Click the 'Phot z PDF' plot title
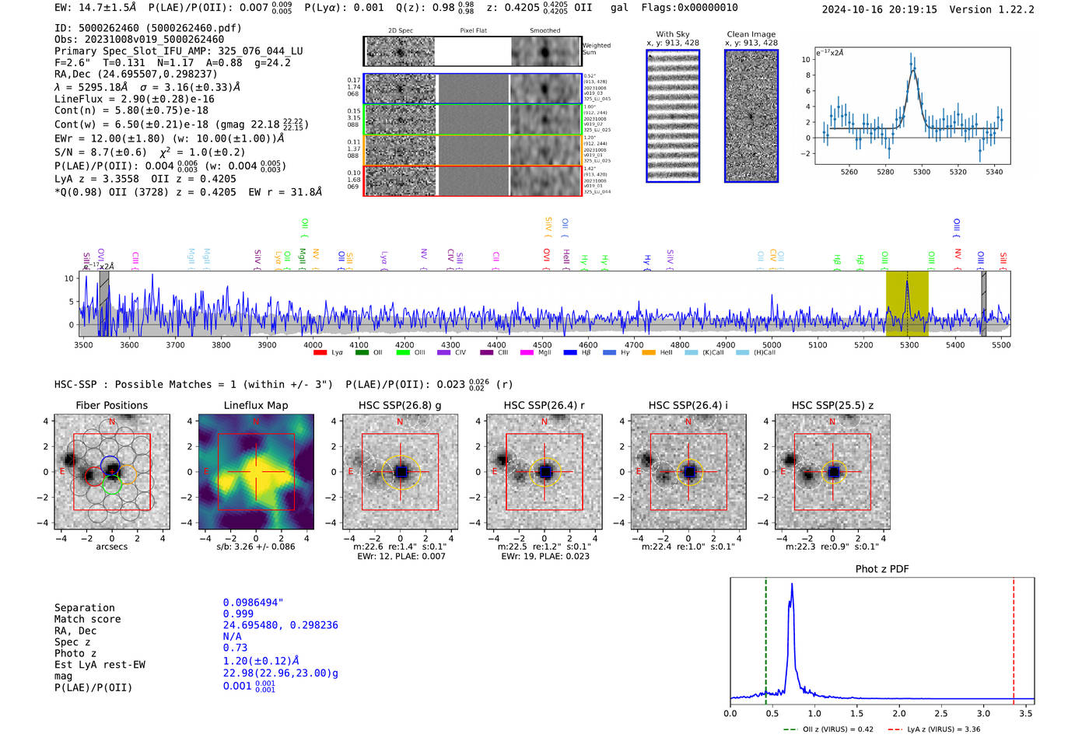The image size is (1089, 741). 881,569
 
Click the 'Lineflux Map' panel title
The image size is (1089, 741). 255,405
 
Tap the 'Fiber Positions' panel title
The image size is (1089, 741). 111,405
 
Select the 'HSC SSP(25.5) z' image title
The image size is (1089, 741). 832,405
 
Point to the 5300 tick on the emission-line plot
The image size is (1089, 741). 922,172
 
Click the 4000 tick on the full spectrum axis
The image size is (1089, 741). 313,344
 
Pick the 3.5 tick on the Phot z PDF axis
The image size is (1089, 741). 1026,713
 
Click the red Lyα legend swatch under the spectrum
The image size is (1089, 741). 320,353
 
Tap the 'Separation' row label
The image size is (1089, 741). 84,608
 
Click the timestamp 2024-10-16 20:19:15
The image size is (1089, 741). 879,9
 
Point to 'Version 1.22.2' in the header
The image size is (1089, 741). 1003,9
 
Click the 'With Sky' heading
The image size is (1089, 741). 673,34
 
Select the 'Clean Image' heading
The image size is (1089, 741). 751,34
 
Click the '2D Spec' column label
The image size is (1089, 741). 401,31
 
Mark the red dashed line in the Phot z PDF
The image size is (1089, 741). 1014,638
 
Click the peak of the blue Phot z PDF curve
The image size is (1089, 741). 792,585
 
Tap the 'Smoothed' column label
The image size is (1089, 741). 544,31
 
